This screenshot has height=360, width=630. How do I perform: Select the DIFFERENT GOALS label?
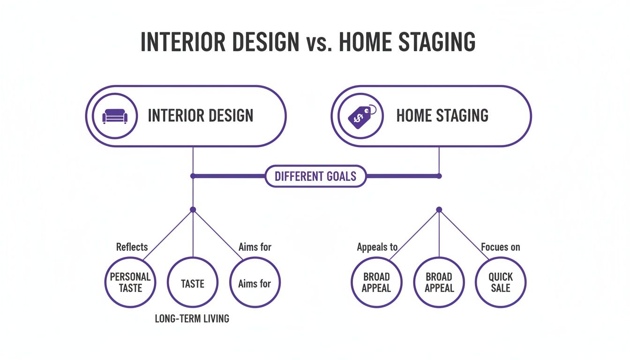(315, 176)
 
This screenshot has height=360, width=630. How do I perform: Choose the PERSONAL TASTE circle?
(130, 283)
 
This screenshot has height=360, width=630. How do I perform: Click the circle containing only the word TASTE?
(193, 283)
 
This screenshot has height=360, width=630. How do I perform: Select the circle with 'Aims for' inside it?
(255, 283)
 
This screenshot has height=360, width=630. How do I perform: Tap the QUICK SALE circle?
(501, 283)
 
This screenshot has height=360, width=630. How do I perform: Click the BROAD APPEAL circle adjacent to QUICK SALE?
(439, 283)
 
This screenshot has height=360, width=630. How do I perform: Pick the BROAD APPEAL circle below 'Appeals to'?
(376, 283)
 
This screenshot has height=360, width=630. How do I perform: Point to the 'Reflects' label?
(132, 247)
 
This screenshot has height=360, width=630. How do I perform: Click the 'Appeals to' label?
(377, 247)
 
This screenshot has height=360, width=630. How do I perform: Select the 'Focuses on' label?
(501, 247)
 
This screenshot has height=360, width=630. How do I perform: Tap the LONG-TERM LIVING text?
(192, 319)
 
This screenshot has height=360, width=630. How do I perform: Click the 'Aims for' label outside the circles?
(255, 247)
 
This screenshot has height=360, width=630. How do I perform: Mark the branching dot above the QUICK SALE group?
(439, 210)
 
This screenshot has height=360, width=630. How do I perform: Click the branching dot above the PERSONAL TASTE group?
(193, 210)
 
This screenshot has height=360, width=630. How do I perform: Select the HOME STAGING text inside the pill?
(442, 116)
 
